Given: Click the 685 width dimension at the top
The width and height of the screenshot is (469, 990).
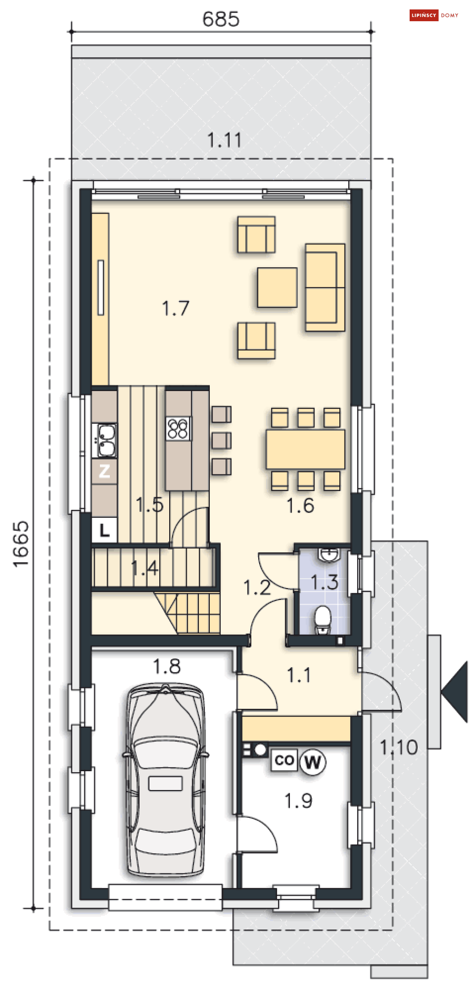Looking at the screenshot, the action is [221, 19].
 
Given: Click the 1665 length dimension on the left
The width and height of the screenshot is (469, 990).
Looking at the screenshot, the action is [21, 544].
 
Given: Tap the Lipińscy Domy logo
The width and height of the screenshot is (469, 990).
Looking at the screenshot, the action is [434, 16].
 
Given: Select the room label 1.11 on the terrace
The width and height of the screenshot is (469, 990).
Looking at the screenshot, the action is [224, 140].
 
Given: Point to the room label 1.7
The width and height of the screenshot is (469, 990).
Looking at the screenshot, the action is [175, 308].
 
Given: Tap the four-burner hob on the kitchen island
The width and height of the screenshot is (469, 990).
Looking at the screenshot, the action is [178, 429].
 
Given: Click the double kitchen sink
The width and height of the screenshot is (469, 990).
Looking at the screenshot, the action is [107, 440].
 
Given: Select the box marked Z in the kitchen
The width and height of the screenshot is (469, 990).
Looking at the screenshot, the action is [104, 471].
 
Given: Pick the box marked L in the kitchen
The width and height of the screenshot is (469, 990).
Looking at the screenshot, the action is [104, 530].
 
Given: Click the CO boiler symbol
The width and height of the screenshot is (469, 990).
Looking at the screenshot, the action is [284, 760].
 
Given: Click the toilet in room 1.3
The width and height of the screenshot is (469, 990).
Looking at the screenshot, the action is [323, 620].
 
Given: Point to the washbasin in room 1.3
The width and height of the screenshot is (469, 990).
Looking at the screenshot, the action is [329, 555].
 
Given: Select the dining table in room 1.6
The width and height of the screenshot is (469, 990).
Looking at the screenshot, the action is [305, 449].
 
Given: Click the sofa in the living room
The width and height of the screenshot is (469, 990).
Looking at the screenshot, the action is [325, 287].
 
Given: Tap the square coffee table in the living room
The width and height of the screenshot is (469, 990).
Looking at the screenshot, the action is [277, 288].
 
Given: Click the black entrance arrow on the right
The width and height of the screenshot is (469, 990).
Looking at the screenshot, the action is [454, 692].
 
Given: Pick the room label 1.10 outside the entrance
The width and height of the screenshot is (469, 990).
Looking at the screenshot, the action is [399, 748].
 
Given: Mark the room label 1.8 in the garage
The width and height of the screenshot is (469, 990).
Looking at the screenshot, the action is [167, 666].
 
